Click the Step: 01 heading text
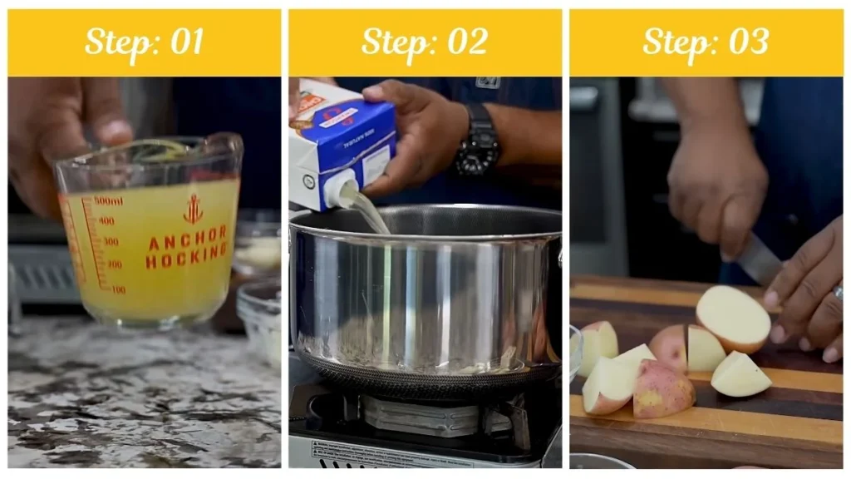(144, 42)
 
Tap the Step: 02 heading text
(425, 42)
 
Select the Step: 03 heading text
(706, 42)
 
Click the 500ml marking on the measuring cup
(108, 201)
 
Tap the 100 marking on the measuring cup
(117, 289)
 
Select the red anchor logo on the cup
(193, 209)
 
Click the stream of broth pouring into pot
(372, 215)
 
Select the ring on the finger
(838, 292)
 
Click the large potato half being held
(732, 318)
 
